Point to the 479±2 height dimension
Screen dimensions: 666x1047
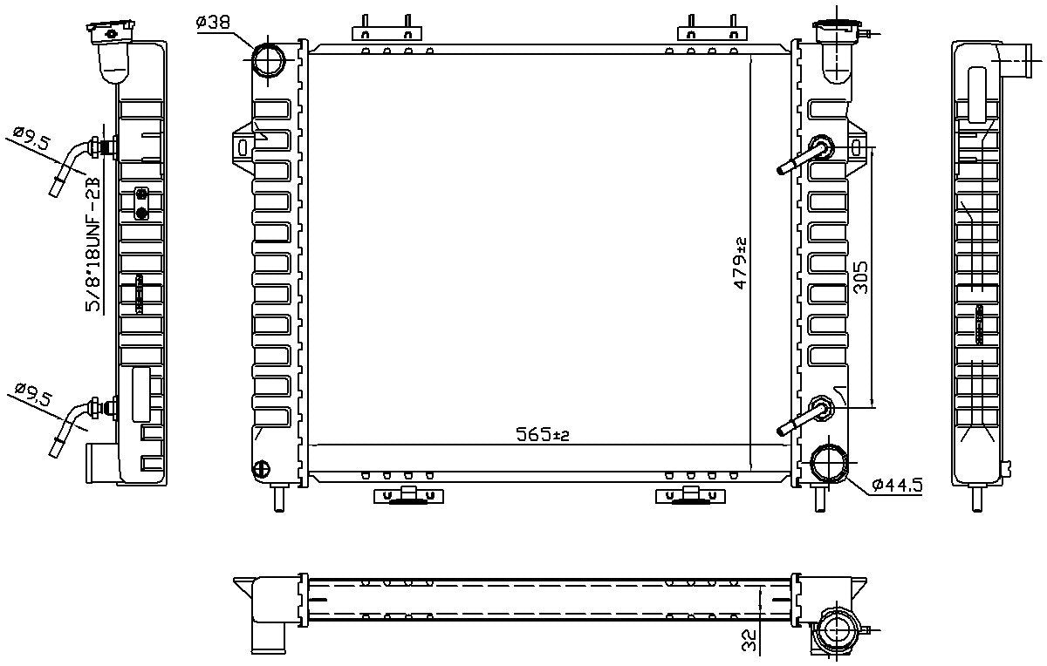tap(741, 262)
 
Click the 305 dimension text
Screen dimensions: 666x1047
tap(860, 277)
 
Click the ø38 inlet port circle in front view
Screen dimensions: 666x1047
tap(269, 59)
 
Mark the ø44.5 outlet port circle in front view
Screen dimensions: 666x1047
tap(827, 462)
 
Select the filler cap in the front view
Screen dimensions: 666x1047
tap(835, 30)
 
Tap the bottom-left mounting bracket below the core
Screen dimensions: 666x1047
tap(406, 496)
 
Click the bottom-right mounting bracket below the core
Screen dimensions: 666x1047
tap(689, 496)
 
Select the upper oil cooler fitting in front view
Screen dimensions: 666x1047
tap(822, 146)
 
